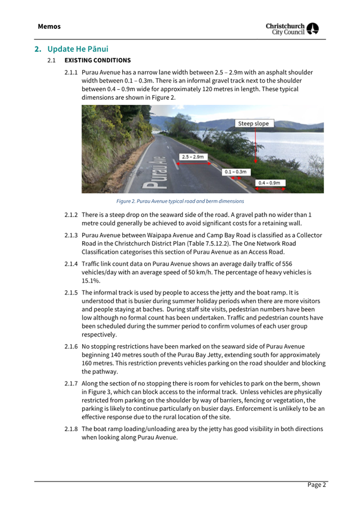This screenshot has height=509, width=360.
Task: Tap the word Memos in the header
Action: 49,27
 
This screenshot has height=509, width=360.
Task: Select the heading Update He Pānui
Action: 77,49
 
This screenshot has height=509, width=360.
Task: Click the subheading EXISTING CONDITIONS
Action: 98,60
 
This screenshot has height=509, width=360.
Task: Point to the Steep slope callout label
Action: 254,124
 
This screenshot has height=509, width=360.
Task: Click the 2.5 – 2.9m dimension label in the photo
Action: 193,157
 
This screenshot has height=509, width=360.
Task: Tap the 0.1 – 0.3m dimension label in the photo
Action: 235,172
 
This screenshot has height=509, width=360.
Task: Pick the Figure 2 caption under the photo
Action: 180,201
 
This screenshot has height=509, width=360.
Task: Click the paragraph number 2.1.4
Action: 71,264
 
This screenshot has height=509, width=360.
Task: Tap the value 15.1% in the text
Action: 90,280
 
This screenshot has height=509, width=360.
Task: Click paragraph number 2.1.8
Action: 71,429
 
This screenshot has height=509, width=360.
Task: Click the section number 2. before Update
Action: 38,49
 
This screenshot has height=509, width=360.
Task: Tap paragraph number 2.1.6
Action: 71,347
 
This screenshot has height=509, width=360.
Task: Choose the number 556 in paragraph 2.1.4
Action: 286,264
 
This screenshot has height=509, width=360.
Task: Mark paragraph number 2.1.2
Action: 71,214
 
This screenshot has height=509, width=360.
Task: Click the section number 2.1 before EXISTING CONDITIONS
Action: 51,60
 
